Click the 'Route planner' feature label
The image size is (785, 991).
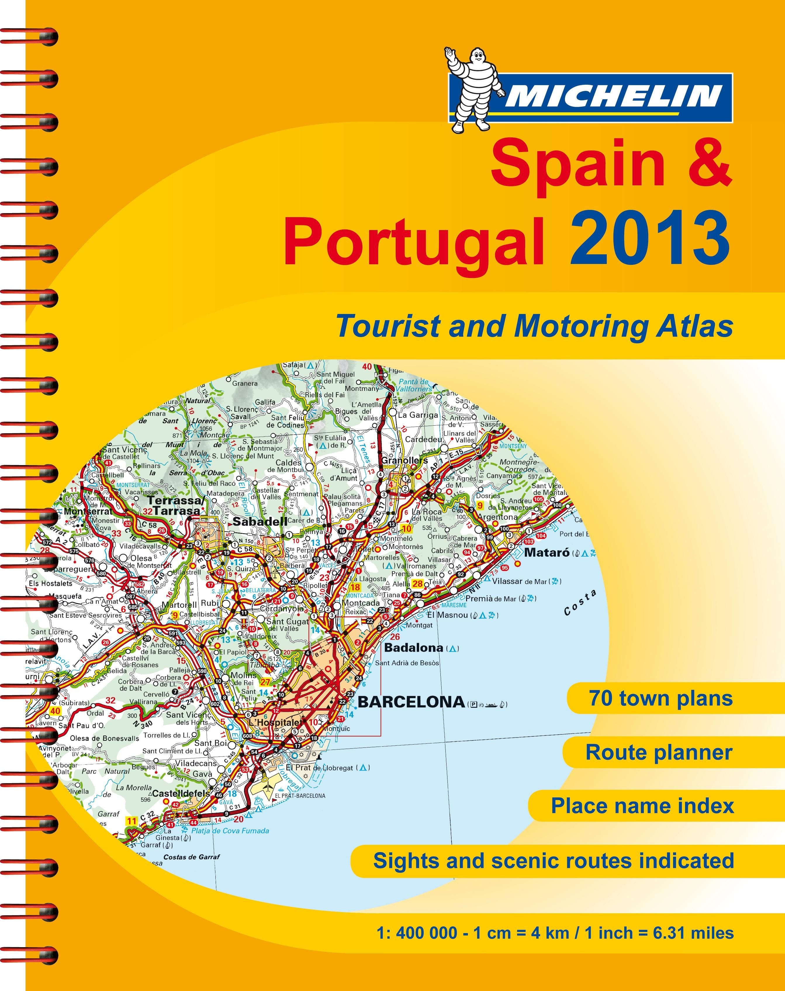[x=658, y=752]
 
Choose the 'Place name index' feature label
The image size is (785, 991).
[x=642, y=805]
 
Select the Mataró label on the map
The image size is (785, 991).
[x=547, y=553]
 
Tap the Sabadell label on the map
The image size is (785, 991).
[x=260, y=521]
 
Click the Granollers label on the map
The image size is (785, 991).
[x=404, y=460]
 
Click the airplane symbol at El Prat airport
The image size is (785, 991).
[x=266, y=786]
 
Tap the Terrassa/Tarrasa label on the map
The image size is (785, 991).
[x=175, y=506]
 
